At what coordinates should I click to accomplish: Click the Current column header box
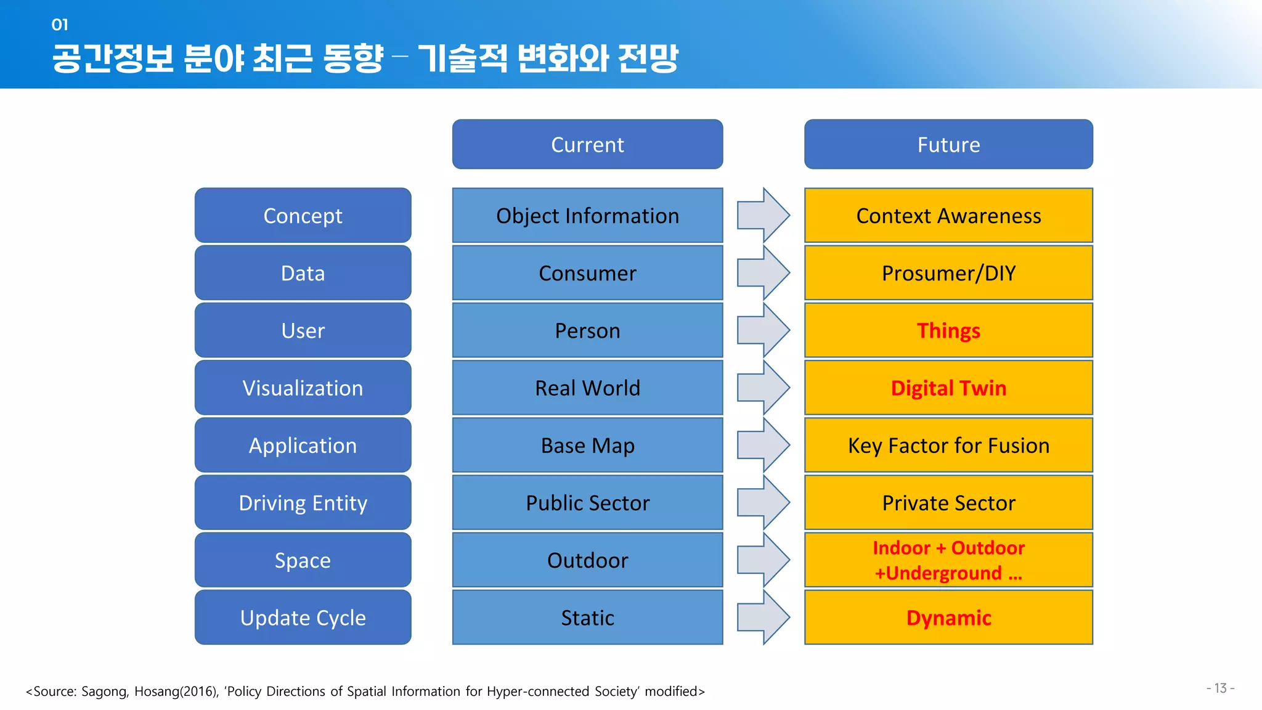coord(587,144)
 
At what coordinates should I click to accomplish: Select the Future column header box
coord(948,144)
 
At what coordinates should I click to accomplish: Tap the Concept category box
coord(303,215)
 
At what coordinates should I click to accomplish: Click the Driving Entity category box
coord(303,502)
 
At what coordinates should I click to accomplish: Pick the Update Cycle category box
coord(303,617)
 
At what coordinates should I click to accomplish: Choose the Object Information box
coord(587,215)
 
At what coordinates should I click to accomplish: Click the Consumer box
coord(587,272)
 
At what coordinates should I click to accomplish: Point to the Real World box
coord(587,388)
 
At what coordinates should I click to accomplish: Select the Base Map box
coord(587,445)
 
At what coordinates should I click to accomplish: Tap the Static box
coord(587,617)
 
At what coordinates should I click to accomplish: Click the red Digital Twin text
coord(948,388)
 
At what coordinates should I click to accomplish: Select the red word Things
coord(948,330)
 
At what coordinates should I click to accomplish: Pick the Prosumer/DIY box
coord(948,272)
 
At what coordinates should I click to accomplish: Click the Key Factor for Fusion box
coord(948,445)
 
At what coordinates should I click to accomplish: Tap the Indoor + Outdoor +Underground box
coord(948,560)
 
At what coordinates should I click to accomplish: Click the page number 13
coord(1220,688)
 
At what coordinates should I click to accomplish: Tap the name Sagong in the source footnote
coord(104,692)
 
